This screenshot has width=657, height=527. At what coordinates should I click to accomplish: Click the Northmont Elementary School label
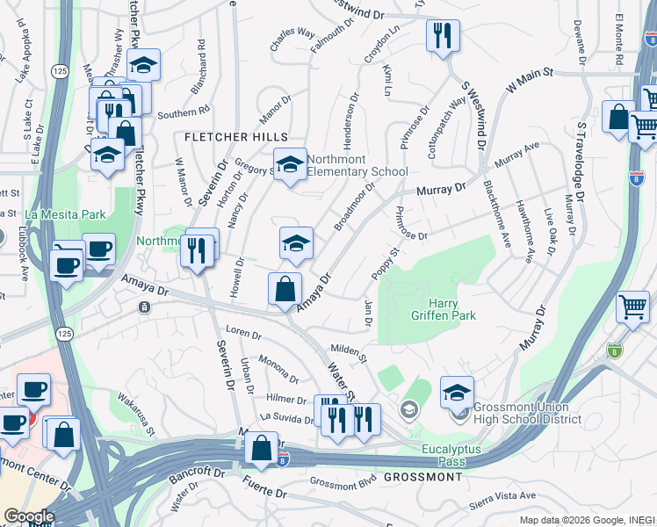click(358, 164)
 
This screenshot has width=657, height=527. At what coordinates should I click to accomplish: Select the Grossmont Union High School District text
click(526, 413)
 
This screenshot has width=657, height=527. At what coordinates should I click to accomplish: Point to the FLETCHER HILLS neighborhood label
click(235, 138)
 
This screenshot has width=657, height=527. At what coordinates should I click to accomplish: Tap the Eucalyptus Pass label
click(454, 450)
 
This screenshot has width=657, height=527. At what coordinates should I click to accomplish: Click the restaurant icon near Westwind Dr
click(442, 36)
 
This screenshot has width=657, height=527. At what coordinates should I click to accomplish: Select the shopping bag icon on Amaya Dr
click(285, 289)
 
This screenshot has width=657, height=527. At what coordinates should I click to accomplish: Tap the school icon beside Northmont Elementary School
click(290, 163)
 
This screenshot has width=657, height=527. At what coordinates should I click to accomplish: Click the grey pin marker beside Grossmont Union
click(409, 409)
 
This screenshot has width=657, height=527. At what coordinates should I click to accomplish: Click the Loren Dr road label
click(244, 335)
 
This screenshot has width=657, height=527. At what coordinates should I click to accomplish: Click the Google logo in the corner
click(28, 516)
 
